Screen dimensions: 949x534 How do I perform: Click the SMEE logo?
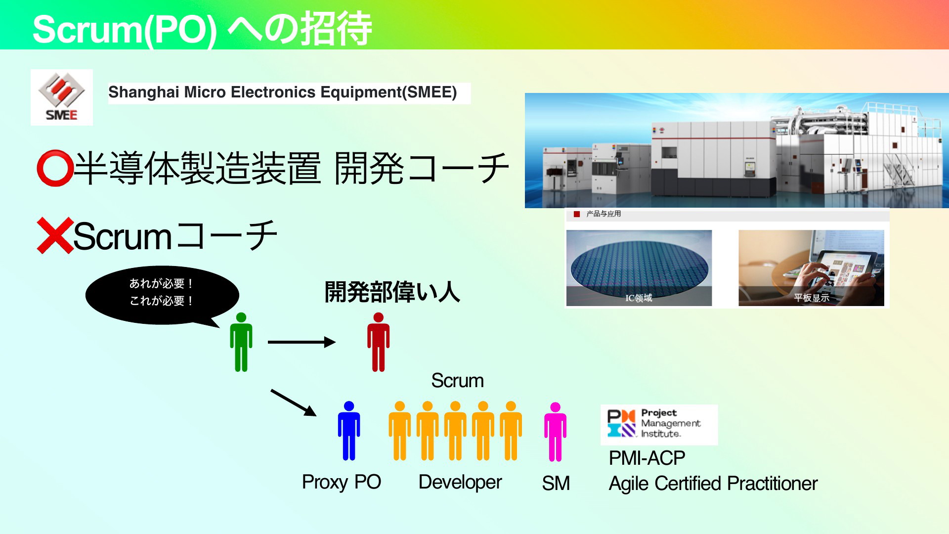pyautogui.click(x=62, y=97)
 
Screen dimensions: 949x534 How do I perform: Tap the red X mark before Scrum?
pyautogui.click(x=55, y=235)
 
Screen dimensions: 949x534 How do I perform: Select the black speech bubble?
pyautogui.click(x=162, y=296)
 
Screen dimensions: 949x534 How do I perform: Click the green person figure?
pyautogui.click(x=241, y=342)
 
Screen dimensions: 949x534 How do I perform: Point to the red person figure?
pyautogui.click(x=378, y=342)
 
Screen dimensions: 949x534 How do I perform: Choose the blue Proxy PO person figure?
pyautogui.click(x=349, y=431)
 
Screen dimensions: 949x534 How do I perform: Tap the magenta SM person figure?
pyautogui.click(x=556, y=432)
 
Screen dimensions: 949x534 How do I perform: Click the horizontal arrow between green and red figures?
pyautogui.click(x=302, y=342)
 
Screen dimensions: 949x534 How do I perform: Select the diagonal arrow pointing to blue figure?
pyautogui.click(x=294, y=402)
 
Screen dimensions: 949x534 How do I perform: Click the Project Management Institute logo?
pyautogui.click(x=659, y=425)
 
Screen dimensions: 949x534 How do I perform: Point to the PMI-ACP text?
pyautogui.click(x=647, y=458)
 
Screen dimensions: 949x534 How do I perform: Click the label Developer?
pyautogui.click(x=460, y=482)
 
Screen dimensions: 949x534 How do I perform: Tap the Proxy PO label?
pyautogui.click(x=342, y=482)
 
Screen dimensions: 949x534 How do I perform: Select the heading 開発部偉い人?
pyautogui.click(x=392, y=292)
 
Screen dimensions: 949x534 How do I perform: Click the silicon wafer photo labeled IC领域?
pyautogui.click(x=639, y=268)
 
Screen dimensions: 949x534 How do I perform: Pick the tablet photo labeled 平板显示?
pyautogui.click(x=811, y=268)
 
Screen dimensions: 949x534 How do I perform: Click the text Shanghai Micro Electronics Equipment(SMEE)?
pyautogui.click(x=283, y=92)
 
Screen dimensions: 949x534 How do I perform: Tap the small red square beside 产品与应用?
pyautogui.click(x=576, y=214)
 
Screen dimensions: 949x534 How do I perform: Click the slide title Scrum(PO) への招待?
pyautogui.click(x=202, y=29)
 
